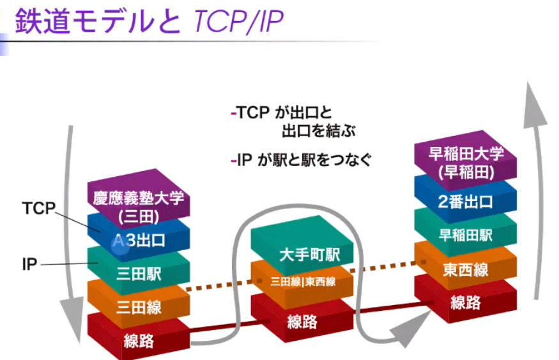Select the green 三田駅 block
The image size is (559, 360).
[139, 274]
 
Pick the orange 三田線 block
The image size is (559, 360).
[139, 308]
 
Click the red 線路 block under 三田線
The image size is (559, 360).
[139, 341]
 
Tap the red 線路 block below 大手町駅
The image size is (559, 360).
[302, 321]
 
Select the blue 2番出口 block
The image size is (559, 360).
[466, 202]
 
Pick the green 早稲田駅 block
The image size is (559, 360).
[466, 236]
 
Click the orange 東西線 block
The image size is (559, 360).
[466, 269]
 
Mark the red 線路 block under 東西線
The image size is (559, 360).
[466, 302]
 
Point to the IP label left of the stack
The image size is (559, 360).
[30, 263]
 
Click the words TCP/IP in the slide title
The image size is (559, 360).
[236, 22]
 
